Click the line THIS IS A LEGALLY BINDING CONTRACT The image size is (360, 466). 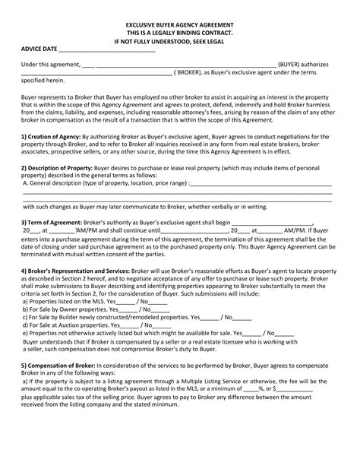179,33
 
